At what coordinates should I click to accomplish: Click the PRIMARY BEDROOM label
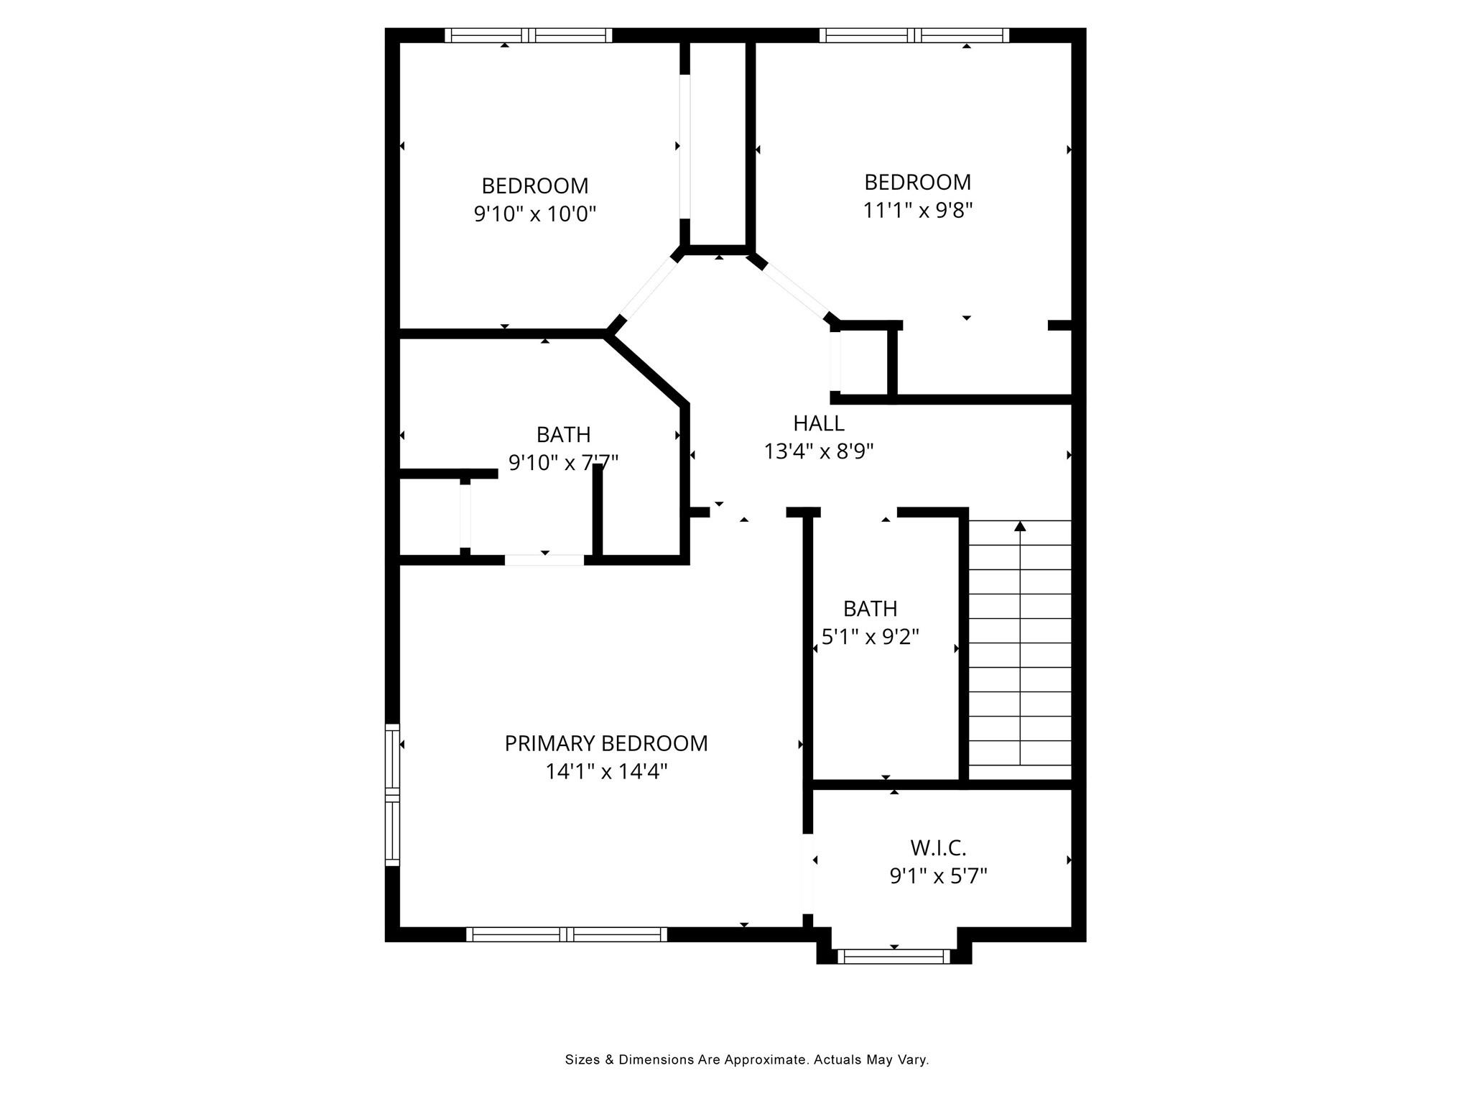[x=605, y=743]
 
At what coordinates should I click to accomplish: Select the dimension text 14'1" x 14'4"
[x=605, y=772]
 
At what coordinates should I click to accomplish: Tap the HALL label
[x=818, y=423]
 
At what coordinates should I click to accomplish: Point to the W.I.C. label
[x=938, y=848]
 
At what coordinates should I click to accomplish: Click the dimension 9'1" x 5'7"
[x=938, y=876]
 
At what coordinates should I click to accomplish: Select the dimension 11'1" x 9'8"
[x=917, y=211]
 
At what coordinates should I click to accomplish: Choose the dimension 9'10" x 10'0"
[x=534, y=214]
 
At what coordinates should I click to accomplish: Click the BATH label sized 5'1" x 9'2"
[x=870, y=609]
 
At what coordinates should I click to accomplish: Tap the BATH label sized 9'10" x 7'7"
[x=563, y=435]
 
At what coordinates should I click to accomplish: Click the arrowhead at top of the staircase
[x=1020, y=526]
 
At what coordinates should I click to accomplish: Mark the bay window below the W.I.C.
[x=894, y=956]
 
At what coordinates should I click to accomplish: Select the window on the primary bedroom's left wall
[x=392, y=793]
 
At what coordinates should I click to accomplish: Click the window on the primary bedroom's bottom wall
[x=567, y=934]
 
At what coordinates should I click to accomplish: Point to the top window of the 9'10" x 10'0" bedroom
[x=528, y=35]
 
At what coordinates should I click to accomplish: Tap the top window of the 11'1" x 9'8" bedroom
[x=914, y=35]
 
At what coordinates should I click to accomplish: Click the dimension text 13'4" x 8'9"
[x=818, y=451]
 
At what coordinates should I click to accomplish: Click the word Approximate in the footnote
[x=766, y=1059]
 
